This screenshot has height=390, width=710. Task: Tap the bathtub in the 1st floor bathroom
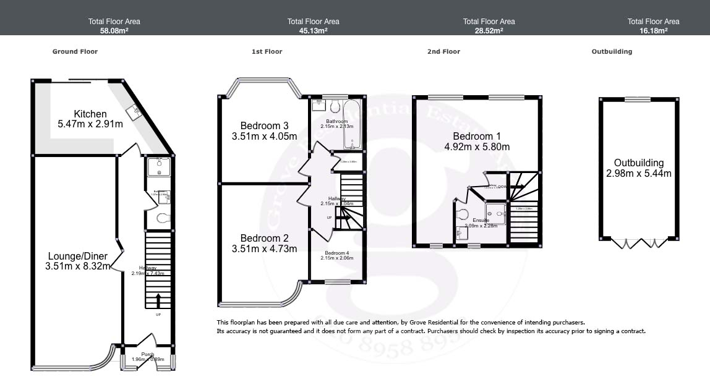coord(353,124)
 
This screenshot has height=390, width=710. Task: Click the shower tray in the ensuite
coord(495,214)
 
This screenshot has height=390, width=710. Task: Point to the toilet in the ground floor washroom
coord(162,218)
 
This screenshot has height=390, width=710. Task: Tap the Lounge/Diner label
coord(78,256)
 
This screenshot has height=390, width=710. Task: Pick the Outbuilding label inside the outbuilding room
coord(638,163)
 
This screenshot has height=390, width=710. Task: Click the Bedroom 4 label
coord(337,253)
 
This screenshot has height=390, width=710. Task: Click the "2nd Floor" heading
coord(443,52)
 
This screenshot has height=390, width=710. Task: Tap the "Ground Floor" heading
coord(75,52)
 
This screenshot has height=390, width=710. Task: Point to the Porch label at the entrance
coord(147,354)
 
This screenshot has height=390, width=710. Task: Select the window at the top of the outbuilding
coord(637,99)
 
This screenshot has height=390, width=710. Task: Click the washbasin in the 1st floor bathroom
coord(319,106)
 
